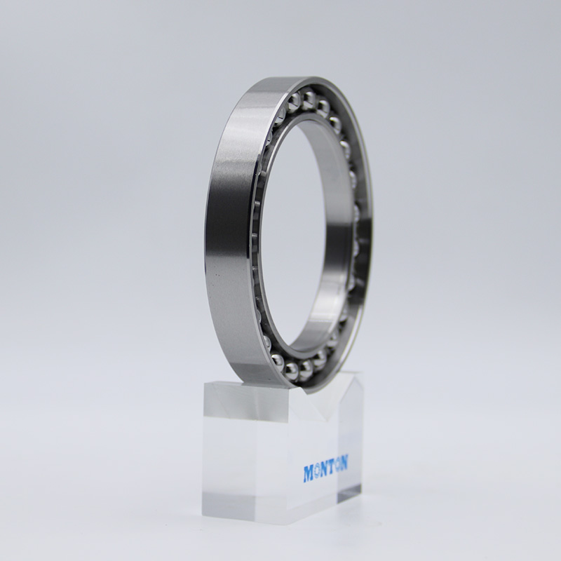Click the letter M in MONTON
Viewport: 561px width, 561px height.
point(310,474)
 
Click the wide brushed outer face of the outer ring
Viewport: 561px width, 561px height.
point(228,231)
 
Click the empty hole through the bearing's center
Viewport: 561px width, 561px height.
point(302,231)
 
